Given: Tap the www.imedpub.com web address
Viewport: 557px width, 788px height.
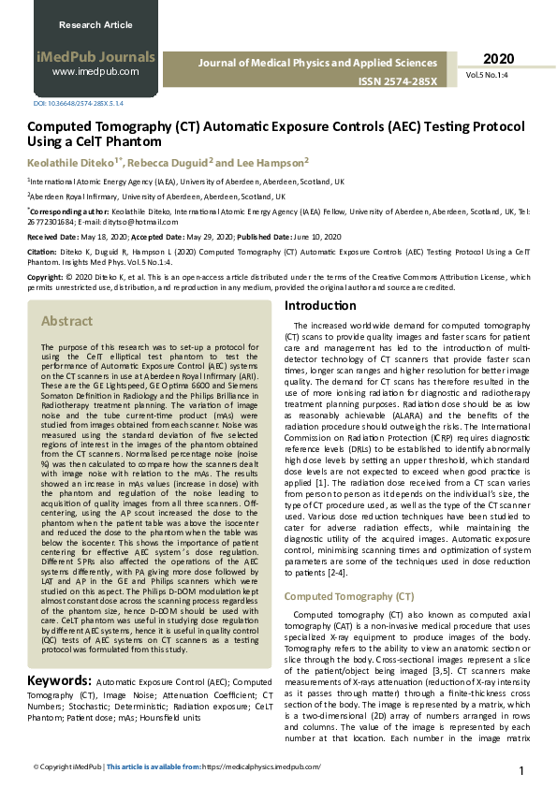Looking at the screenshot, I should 95,71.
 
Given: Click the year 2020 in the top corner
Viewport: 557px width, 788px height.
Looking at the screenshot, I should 499,59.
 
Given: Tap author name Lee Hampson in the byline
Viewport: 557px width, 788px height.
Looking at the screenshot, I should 272,162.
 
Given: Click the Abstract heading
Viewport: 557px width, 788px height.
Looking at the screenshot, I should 66,321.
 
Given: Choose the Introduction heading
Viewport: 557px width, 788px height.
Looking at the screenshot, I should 320,306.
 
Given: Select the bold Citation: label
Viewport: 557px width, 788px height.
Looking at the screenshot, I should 41,252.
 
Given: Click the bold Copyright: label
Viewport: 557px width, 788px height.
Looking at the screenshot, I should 45,278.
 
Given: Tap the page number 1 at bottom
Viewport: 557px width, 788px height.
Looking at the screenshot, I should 520,770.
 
